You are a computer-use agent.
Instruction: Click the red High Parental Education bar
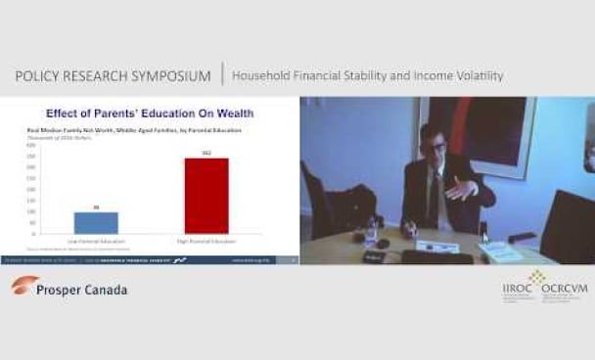(x=206, y=196)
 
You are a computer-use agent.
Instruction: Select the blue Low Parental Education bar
(x=95, y=222)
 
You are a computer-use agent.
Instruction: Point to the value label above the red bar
(x=206, y=154)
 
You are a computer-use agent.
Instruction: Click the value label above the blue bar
(x=95, y=207)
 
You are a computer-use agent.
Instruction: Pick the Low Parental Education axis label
(x=95, y=239)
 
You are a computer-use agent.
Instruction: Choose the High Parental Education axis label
(x=206, y=239)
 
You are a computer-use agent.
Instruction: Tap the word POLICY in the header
(x=42, y=75)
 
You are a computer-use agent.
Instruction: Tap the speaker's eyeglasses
(x=435, y=147)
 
